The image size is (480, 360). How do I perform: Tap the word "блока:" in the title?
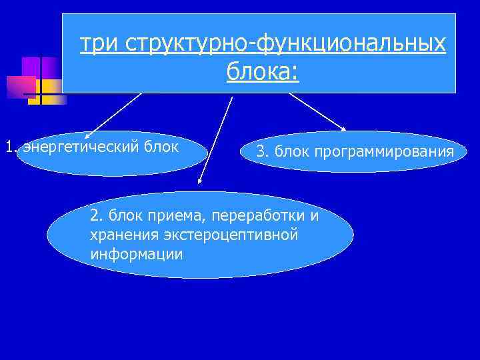point(263,71)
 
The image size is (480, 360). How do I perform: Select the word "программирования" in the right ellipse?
point(389,152)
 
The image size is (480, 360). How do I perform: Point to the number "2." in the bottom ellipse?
point(97,216)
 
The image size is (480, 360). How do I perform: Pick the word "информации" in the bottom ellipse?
point(136,254)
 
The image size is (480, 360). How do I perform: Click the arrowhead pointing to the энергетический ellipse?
point(87,135)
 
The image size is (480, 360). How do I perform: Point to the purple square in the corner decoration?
point(31,67)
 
